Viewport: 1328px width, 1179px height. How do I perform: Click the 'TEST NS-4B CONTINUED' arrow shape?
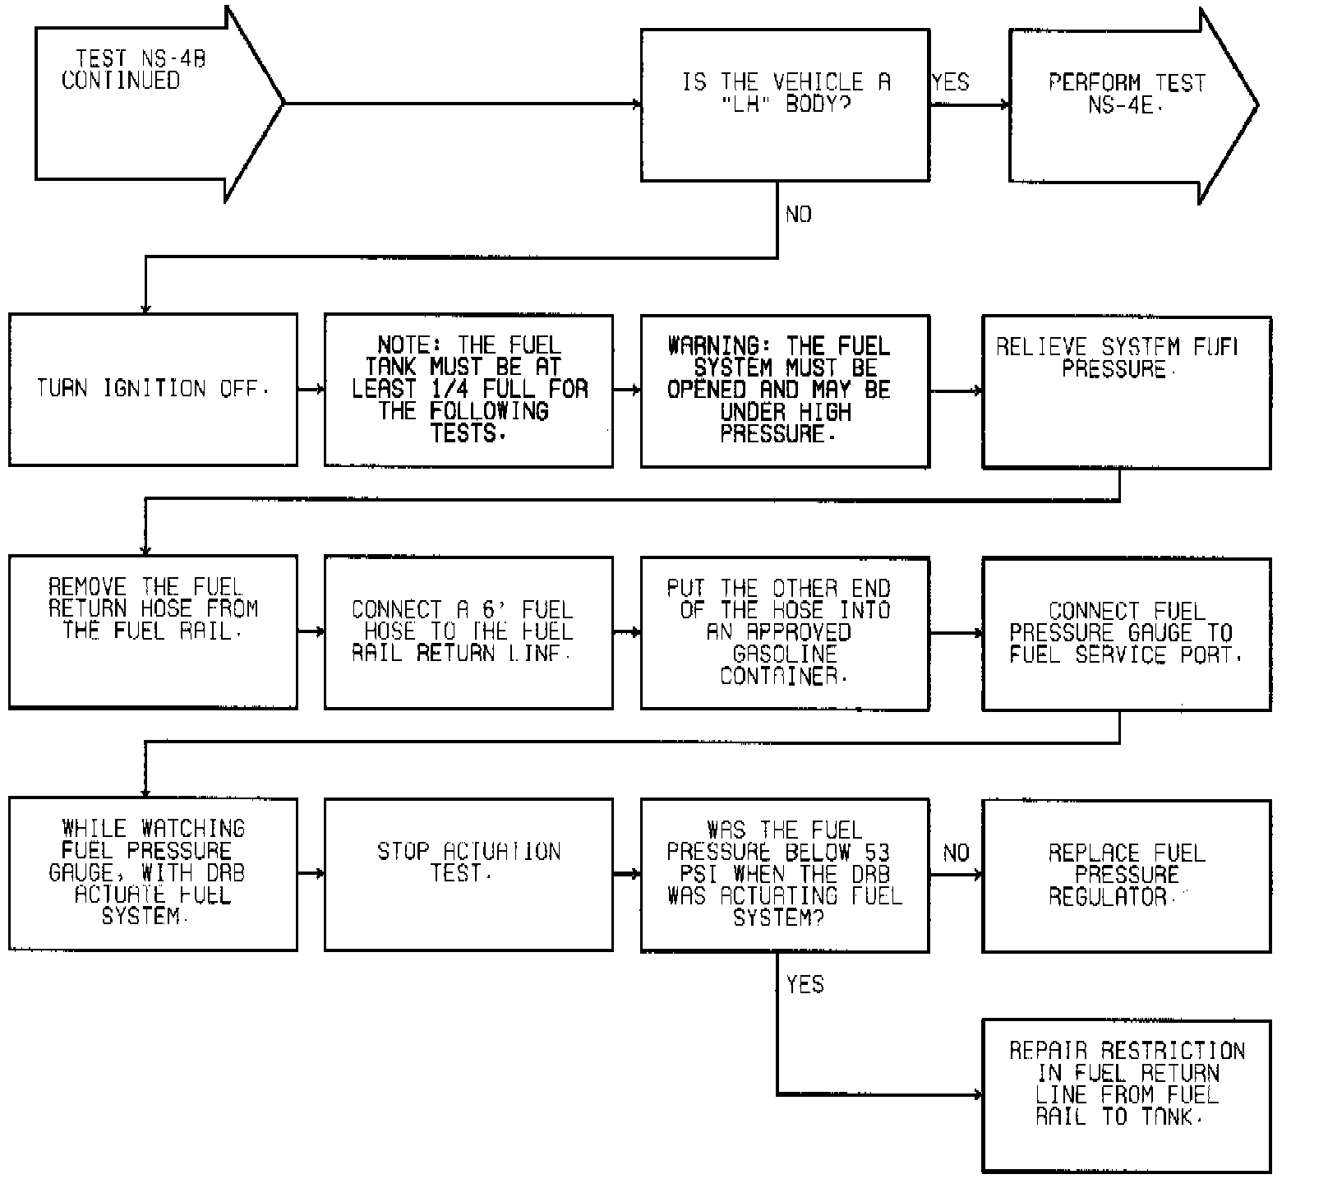coord(140,104)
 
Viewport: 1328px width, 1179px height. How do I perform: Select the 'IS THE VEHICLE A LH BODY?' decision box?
coord(785,105)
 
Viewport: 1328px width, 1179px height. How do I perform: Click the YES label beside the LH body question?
coord(951,82)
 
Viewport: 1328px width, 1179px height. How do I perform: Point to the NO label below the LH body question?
coord(798,215)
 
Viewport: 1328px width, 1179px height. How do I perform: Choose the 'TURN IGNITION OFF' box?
coord(153,389)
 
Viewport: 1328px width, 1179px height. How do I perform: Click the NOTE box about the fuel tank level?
coord(468,391)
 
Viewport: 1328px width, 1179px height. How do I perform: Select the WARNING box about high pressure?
coord(785,391)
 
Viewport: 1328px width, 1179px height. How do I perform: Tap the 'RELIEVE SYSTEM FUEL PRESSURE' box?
coord(1126,392)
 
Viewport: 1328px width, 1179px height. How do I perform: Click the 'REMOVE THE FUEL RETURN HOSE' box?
coord(153,631)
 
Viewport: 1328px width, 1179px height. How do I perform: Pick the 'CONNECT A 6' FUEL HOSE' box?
coord(468,632)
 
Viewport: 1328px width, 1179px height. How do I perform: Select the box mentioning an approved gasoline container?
coord(785,632)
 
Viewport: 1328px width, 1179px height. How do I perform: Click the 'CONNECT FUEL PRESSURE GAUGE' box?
coord(1126,634)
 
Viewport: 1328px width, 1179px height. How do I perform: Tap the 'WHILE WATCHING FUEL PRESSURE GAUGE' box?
coord(153,874)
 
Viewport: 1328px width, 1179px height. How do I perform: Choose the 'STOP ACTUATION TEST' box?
coord(468,874)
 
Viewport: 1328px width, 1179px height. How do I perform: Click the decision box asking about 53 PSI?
coord(785,874)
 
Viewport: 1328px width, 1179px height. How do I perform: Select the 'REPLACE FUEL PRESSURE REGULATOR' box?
coord(1126,876)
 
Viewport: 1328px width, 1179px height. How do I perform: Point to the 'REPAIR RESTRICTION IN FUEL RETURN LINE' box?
coord(1126,1095)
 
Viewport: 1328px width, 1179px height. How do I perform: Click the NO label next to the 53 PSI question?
coord(956,853)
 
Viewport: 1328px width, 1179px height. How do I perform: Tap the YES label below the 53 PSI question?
coord(805,984)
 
